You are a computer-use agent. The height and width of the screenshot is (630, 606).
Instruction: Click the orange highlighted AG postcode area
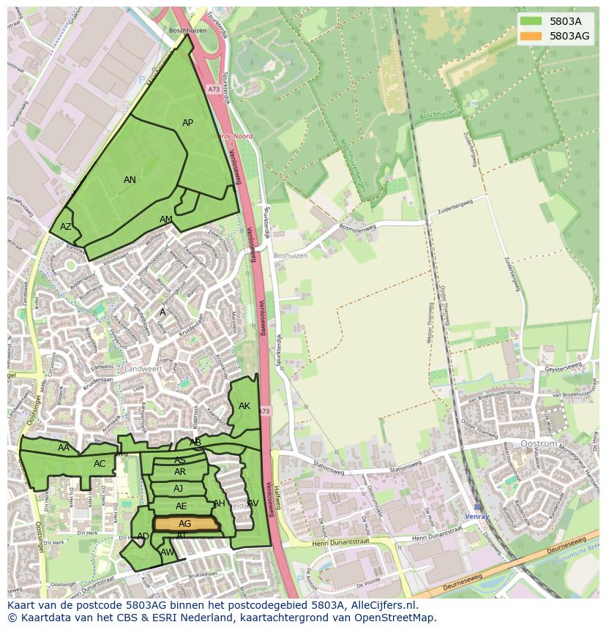tap(186, 524)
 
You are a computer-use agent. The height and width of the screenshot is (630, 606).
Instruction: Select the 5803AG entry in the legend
tap(569, 36)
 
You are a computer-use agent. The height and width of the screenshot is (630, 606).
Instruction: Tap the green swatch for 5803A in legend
tap(531, 21)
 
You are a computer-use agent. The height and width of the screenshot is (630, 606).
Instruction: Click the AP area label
tap(187, 123)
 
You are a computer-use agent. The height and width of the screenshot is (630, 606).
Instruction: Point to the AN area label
tap(130, 180)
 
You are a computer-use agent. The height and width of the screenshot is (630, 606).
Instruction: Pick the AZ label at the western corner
tap(66, 227)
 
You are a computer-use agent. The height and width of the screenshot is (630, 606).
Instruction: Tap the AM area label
tap(166, 220)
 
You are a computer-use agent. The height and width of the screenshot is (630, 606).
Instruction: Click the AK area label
tap(244, 406)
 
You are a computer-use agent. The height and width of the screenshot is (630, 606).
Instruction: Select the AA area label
tap(64, 448)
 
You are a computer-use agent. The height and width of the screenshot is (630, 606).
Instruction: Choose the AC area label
tap(100, 464)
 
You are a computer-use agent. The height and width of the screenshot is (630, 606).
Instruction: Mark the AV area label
tap(253, 503)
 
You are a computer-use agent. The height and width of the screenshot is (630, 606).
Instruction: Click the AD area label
tap(143, 536)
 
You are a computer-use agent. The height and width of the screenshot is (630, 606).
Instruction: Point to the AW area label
tap(168, 552)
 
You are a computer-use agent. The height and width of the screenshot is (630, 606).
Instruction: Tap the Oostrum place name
tap(539, 444)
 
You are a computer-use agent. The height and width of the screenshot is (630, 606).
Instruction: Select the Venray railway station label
tap(477, 516)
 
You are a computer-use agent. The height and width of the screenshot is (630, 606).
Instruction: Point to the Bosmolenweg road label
tap(358, 228)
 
